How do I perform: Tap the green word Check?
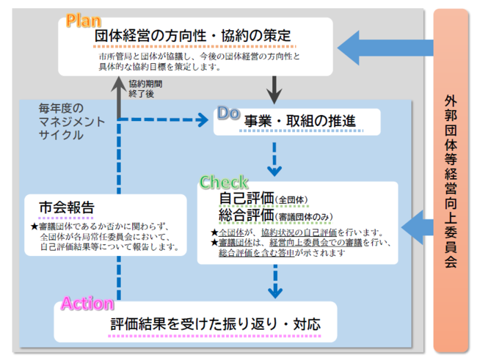pos(224,183)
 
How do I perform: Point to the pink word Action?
pos(87,303)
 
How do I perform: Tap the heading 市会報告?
pos(67,207)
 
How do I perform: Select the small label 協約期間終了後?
pos(145,89)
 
